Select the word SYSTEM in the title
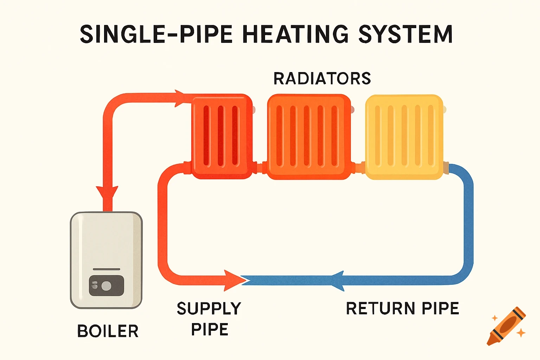405,34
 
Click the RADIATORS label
322,78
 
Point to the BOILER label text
108,331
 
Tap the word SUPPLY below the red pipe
209,309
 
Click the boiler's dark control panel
106,285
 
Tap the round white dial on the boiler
107,286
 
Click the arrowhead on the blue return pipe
338,281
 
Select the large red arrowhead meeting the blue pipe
233,280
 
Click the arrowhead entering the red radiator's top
180,98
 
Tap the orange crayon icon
506,326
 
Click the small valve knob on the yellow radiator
444,110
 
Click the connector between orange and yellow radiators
358,168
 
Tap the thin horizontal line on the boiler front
106,269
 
